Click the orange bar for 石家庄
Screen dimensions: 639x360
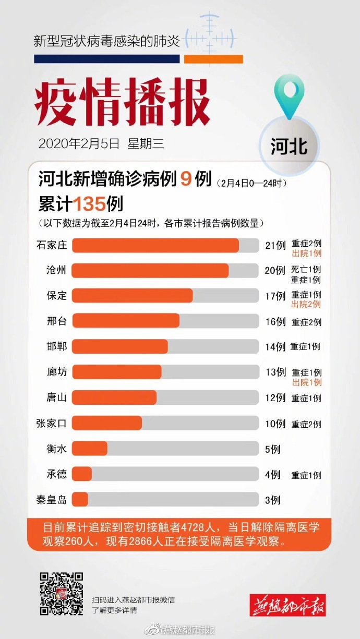(155, 245)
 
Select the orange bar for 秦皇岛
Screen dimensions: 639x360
(80, 499)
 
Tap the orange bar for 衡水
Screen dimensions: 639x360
(90, 448)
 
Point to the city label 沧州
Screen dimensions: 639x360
(57, 270)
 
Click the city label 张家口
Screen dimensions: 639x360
(52, 423)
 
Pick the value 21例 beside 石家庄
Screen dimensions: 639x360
(275, 245)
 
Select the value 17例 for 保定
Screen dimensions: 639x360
(275, 296)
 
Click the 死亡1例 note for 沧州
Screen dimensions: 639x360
(306, 270)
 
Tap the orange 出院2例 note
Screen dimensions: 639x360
(306, 304)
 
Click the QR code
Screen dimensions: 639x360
(62, 593)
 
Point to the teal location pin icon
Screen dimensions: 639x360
(290, 95)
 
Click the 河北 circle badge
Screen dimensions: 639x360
(289, 147)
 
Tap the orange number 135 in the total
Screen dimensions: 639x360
(90, 203)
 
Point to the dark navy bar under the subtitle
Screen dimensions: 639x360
(107, 59)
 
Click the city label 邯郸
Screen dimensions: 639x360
(57, 346)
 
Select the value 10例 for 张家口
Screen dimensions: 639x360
(275, 424)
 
